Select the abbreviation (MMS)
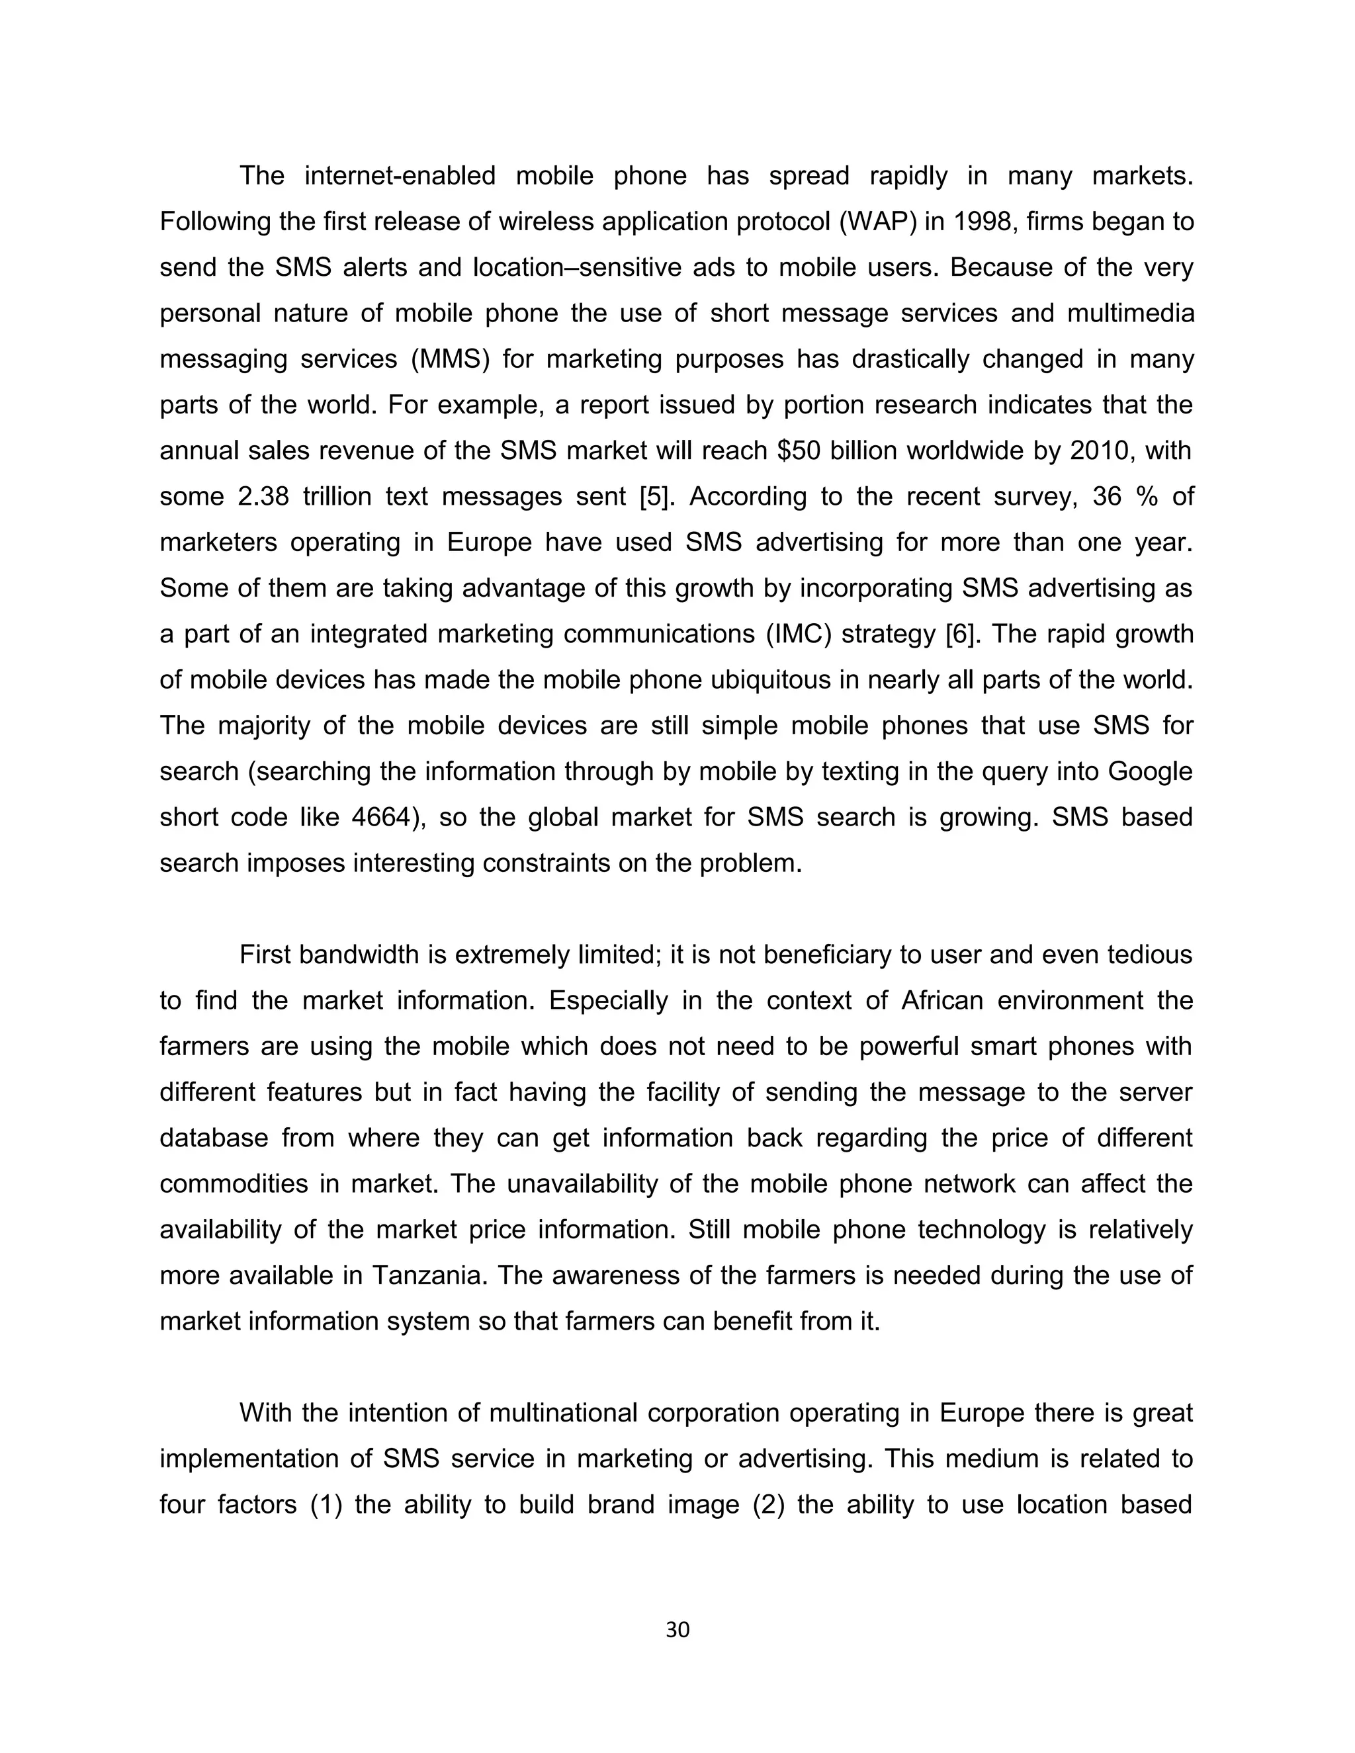pos(449,359)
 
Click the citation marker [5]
pos(652,496)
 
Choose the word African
pos(941,1001)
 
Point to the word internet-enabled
pos(400,176)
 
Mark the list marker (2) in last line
pos(768,1504)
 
